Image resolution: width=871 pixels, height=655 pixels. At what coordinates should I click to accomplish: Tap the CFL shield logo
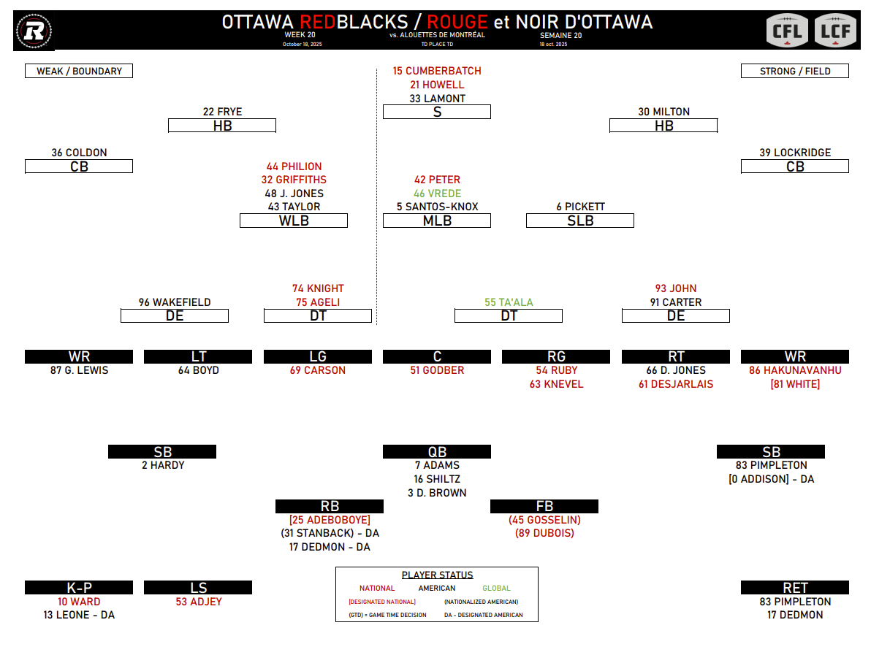(787, 30)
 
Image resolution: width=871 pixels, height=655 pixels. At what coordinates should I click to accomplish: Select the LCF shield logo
(834, 30)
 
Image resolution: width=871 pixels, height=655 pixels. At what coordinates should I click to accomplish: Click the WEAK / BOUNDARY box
(79, 71)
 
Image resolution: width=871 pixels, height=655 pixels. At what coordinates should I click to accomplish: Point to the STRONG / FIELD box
(795, 71)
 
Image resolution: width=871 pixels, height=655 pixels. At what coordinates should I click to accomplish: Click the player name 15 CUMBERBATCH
(437, 71)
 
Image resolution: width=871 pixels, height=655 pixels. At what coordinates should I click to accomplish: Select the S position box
(437, 112)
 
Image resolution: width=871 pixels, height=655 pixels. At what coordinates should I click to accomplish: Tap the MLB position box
(437, 221)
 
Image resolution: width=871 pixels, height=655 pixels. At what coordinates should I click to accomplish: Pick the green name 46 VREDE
(437, 194)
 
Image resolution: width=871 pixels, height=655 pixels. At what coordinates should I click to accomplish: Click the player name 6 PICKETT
(580, 207)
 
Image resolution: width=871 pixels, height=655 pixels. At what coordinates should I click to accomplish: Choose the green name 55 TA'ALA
(509, 302)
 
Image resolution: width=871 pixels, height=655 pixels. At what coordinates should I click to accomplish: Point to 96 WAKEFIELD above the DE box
(175, 302)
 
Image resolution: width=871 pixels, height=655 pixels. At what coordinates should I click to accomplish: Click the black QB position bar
(437, 452)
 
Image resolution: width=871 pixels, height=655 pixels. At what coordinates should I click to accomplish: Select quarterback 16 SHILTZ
(437, 479)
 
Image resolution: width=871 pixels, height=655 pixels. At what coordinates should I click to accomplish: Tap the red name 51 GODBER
(437, 370)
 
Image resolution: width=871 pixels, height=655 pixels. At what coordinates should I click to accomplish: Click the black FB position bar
(544, 506)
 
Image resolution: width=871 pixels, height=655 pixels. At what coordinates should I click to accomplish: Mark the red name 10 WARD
(79, 602)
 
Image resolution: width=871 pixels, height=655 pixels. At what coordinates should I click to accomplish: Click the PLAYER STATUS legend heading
(437, 575)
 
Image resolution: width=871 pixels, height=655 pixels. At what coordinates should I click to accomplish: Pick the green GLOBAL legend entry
(496, 588)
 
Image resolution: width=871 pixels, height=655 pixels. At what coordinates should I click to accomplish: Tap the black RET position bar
(795, 588)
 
